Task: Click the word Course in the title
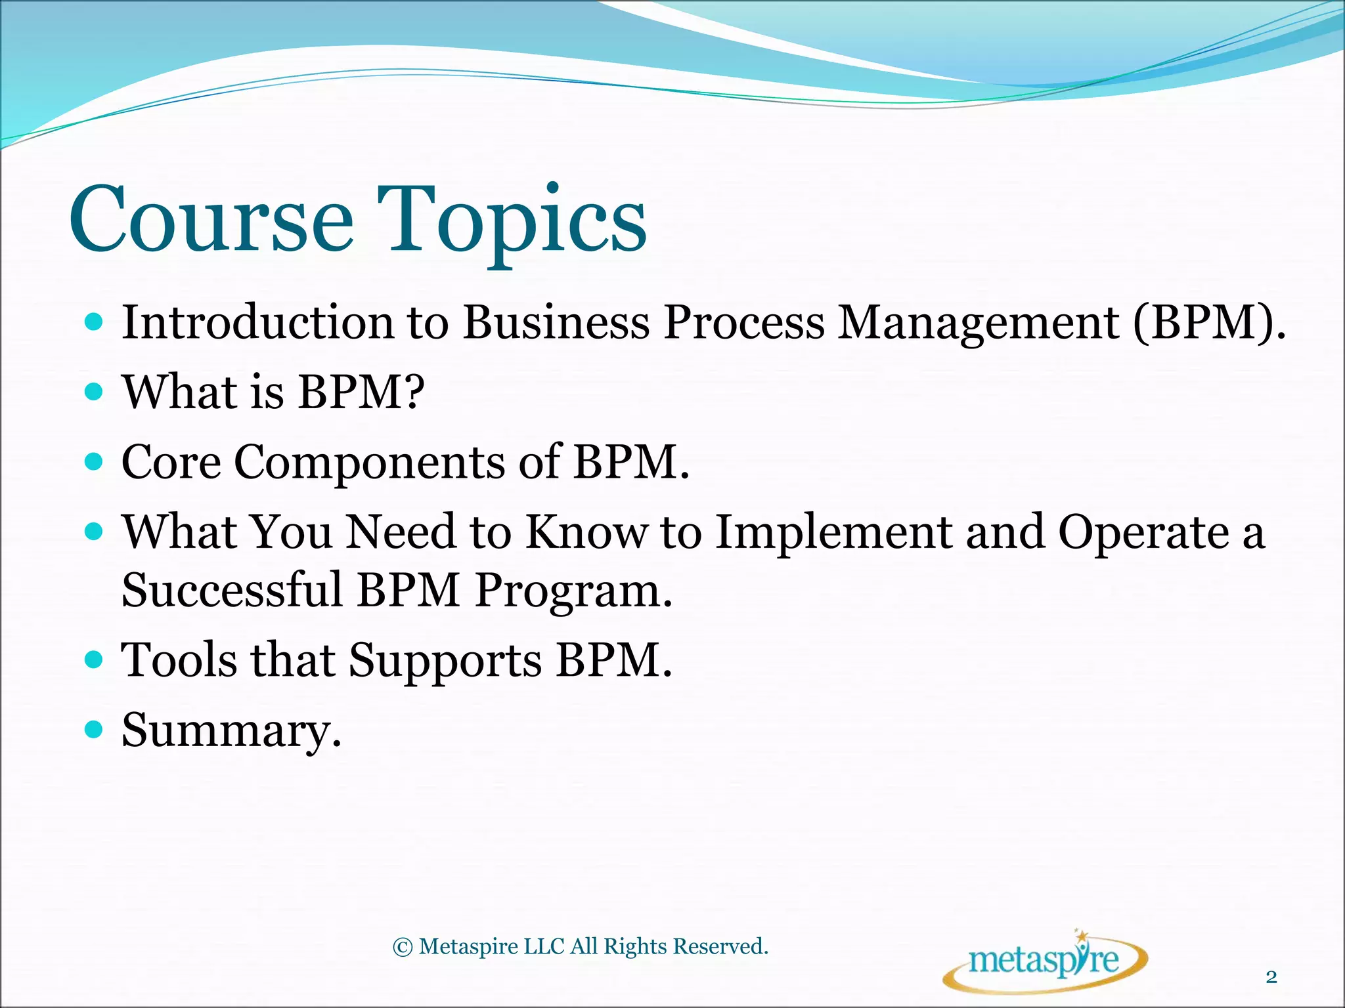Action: point(211,220)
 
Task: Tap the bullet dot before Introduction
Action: point(95,322)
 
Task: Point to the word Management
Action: point(979,324)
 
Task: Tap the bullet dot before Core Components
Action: point(95,462)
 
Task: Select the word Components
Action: point(369,463)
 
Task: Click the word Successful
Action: point(232,589)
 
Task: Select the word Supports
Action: point(445,660)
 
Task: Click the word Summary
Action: point(231,730)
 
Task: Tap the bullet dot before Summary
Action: point(95,728)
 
